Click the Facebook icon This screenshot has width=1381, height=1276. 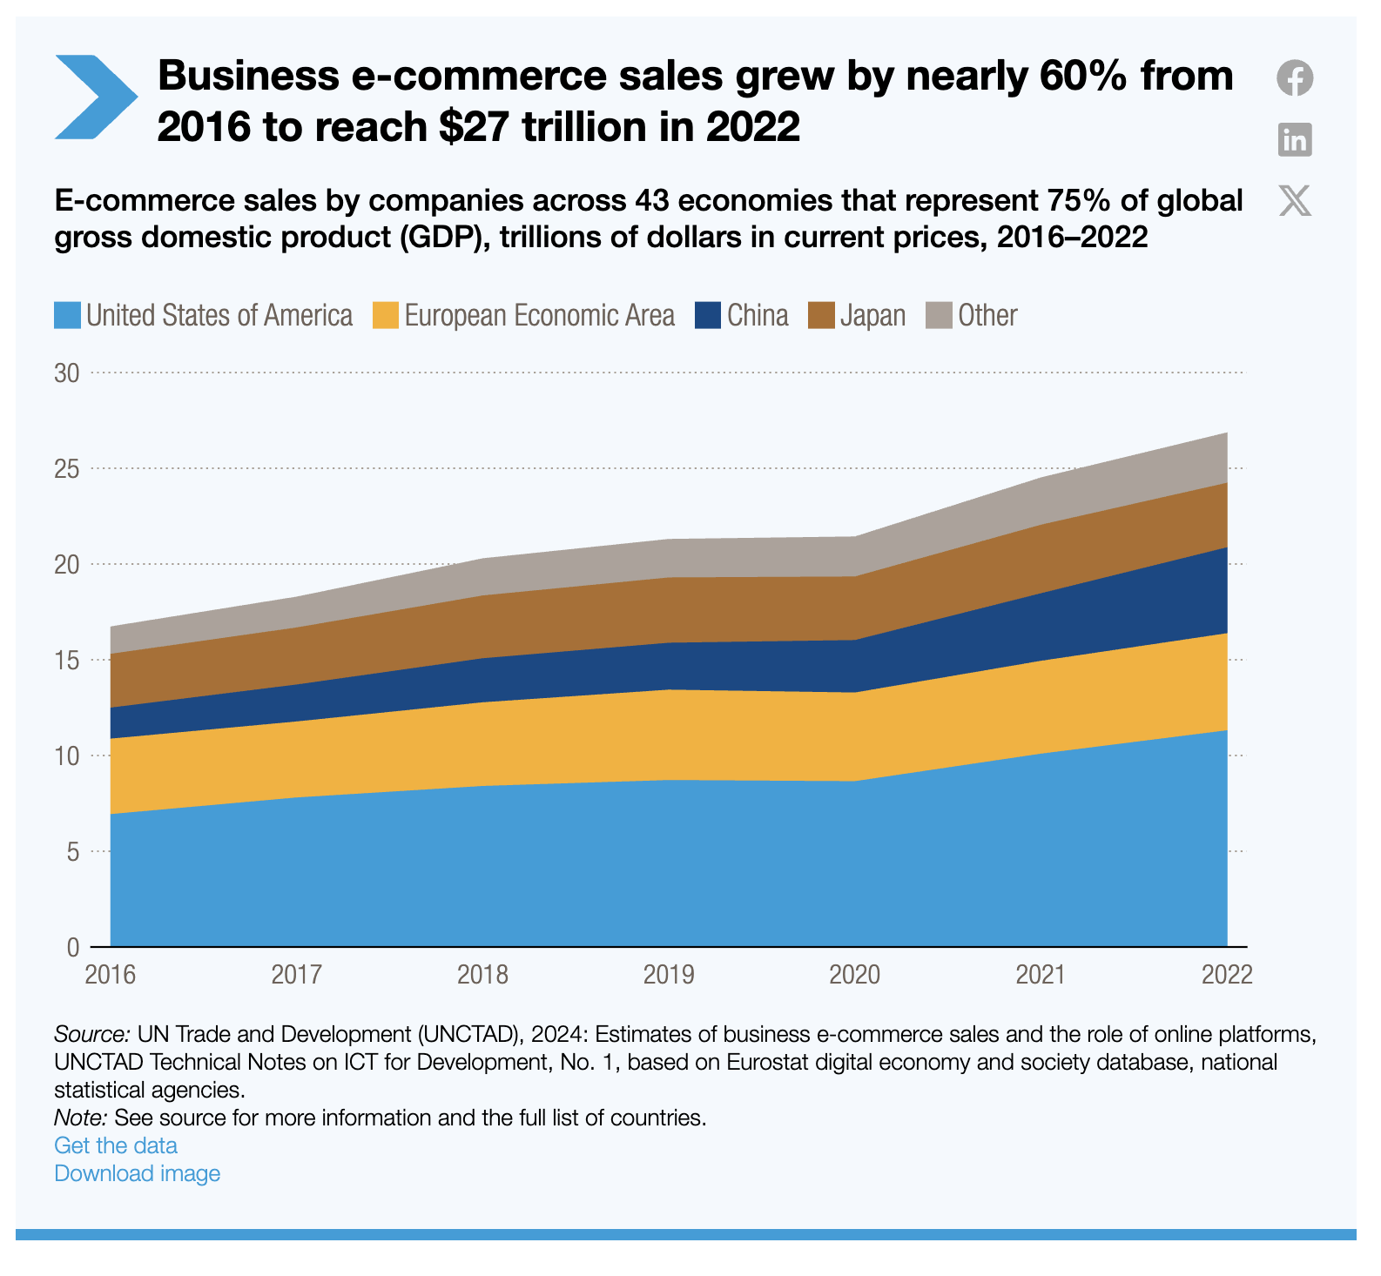tap(1295, 78)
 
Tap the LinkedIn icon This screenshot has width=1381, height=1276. tap(1295, 139)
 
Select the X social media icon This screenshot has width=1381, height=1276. tap(1295, 200)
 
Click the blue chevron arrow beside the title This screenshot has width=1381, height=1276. tap(94, 97)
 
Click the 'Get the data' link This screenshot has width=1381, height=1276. tap(116, 1145)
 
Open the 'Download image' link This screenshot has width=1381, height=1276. tap(138, 1173)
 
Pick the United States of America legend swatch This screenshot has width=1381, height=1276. tap(68, 315)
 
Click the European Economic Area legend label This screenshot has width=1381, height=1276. tap(539, 315)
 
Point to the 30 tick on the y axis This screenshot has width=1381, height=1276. tap(67, 373)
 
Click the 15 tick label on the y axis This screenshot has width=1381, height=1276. tap(67, 660)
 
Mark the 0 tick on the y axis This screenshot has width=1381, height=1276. tap(73, 946)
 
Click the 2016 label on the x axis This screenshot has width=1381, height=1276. tap(111, 974)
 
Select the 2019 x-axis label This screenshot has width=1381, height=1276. tap(669, 974)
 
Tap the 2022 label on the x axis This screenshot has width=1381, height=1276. tap(1227, 974)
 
